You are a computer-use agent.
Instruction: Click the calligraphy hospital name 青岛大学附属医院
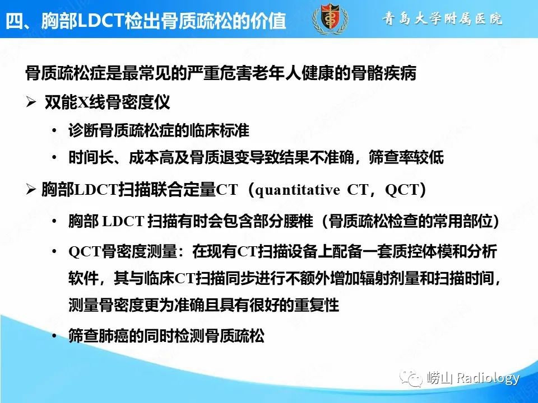[x=443, y=18]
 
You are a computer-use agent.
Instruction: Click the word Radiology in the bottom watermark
[x=488, y=378]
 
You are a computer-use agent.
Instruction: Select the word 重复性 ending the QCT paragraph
[x=319, y=306]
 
